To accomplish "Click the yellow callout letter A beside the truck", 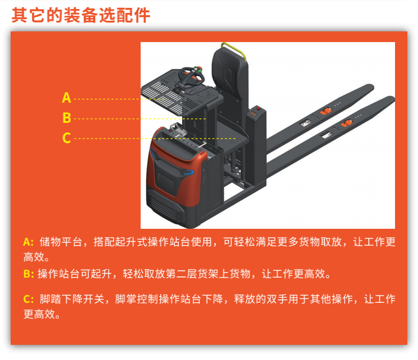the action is [66, 98].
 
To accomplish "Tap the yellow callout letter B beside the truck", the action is [67, 118].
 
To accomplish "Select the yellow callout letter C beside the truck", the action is [67, 138].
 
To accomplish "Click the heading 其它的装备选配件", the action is [81, 15].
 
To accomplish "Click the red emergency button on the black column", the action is [258, 108].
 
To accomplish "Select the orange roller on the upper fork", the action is [326, 111].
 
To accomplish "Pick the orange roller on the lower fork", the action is [346, 123].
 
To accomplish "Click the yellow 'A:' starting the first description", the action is [28, 242].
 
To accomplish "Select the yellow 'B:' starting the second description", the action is [29, 274].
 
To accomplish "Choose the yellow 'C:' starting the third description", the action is [29, 299].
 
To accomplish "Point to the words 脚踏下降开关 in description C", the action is [72, 299].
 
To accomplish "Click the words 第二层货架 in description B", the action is [192, 274].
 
